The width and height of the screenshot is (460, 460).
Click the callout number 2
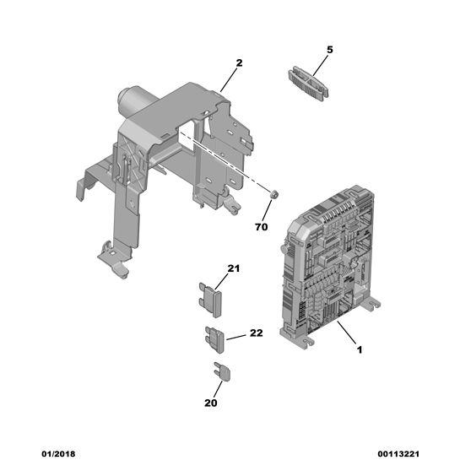click(239, 62)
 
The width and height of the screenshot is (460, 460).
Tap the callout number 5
click(330, 50)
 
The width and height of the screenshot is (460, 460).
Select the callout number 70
click(262, 227)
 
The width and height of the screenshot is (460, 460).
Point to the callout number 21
click(234, 268)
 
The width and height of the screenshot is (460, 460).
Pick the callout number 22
click(256, 333)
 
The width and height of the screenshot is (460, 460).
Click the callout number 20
click(211, 403)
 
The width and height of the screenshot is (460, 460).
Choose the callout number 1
click(360, 349)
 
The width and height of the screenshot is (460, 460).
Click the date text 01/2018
click(58, 453)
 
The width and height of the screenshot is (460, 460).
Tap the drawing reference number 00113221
click(398, 453)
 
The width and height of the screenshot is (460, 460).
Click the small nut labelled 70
click(273, 194)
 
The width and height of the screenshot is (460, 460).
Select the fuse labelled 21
click(210, 300)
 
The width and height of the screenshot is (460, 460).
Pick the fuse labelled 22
click(215, 339)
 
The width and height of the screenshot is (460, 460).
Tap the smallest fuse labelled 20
click(222, 371)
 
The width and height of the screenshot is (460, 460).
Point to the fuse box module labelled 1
click(329, 266)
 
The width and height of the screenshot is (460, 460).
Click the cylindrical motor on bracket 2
click(134, 100)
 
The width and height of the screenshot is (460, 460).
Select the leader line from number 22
click(236, 337)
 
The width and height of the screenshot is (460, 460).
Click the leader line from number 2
click(228, 79)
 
